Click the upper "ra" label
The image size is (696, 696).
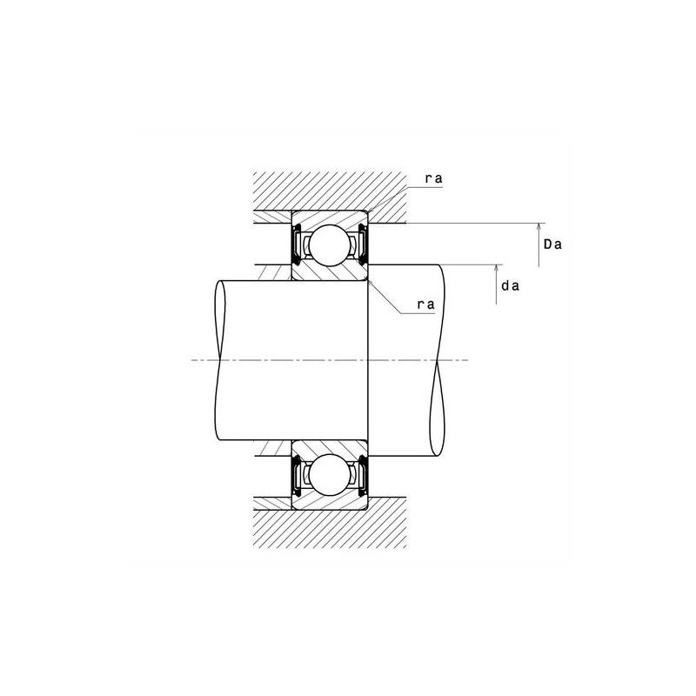pos(433,179)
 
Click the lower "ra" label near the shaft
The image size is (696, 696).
pos(425,304)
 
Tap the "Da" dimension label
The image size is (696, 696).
pos(552,244)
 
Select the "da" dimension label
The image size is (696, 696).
pos(511,284)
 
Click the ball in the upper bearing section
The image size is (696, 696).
pos(329,244)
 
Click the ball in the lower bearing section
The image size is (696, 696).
pos(329,475)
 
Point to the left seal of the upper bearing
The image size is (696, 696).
pos(297,244)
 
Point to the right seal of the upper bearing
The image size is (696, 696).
pos(362,244)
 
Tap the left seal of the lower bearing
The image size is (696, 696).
pos(297,476)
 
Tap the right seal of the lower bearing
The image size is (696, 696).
pos(362,476)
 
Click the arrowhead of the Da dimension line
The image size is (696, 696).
pos(539,226)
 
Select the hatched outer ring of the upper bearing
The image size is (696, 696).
pos(329,216)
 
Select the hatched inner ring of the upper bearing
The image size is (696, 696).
pos(329,272)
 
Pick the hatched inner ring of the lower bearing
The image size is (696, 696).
pos(329,447)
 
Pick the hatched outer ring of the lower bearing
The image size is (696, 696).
pos(329,504)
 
